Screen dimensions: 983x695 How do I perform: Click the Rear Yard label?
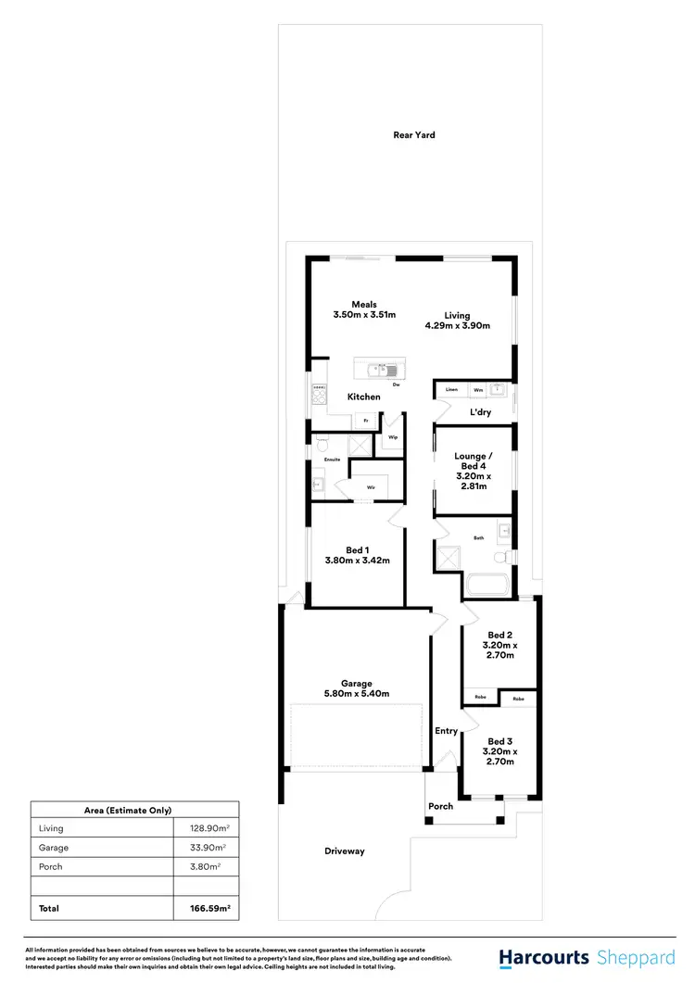(x=413, y=135)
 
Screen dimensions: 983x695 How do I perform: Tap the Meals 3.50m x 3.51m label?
(x=364, y=309)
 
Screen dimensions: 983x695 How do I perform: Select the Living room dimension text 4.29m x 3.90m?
(x=457, y=326)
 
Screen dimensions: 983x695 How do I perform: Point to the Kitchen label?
(x=364, y=397)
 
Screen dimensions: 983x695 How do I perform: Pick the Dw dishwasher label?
(x=396, y=384)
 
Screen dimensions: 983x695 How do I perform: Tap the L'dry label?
(x=480, y=412)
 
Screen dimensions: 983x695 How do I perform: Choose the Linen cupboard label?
(x=451, y=390)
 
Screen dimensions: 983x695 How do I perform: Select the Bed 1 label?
(x=357, y=554)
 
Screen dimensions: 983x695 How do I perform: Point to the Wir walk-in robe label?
(x=371, y=485)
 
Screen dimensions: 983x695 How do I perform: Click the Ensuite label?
(x=333, y=460)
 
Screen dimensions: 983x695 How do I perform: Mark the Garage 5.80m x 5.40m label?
(x=357, y=687)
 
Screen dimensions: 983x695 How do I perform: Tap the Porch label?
(x=440, y=806)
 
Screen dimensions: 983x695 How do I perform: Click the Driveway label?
(x=345, y=851)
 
